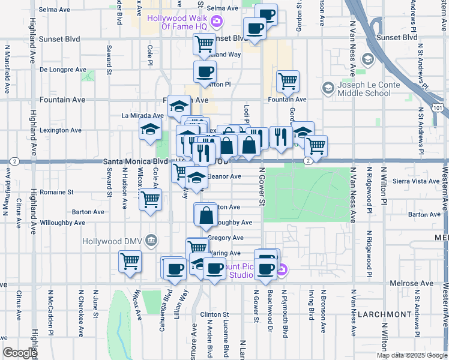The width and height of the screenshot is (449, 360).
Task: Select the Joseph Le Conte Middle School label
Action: [x=364, y=89]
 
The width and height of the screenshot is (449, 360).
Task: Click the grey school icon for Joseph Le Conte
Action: [x=328, y=88]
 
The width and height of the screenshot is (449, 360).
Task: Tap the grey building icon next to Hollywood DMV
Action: [x=151, y=241]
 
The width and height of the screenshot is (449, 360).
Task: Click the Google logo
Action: [x=20, y=352]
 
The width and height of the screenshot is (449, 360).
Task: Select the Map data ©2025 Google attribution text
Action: [x=412, y=355]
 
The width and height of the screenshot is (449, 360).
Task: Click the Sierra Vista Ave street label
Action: [x=416, y=181]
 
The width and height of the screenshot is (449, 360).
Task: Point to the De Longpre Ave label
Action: [x=63, y=70]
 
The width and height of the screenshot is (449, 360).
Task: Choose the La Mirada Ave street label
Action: [x=142, y=115]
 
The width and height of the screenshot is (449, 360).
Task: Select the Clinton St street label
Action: [x=215, y=314]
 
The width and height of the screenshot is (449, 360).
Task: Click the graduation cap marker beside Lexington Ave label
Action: [x=150, y=129]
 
